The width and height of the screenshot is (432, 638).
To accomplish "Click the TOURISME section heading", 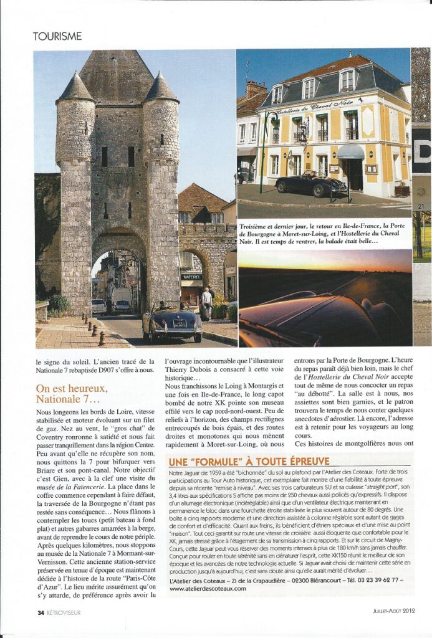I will click(x=57, y=36).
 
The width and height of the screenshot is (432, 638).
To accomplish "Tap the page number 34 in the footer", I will click(x=40, y=612).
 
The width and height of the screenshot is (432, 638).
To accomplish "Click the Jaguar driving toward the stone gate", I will click(x=172, y=321).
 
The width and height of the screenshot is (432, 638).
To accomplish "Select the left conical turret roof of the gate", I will click(x=75, y=88).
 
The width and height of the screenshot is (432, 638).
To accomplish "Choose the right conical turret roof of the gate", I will click(x=161, y=88).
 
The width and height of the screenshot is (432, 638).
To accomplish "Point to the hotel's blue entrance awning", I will click(x=351, y=151).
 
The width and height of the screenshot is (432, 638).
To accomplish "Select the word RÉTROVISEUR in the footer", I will click(x=64, y=612).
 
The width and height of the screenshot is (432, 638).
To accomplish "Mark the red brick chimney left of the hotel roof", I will click(x=256, y=88).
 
